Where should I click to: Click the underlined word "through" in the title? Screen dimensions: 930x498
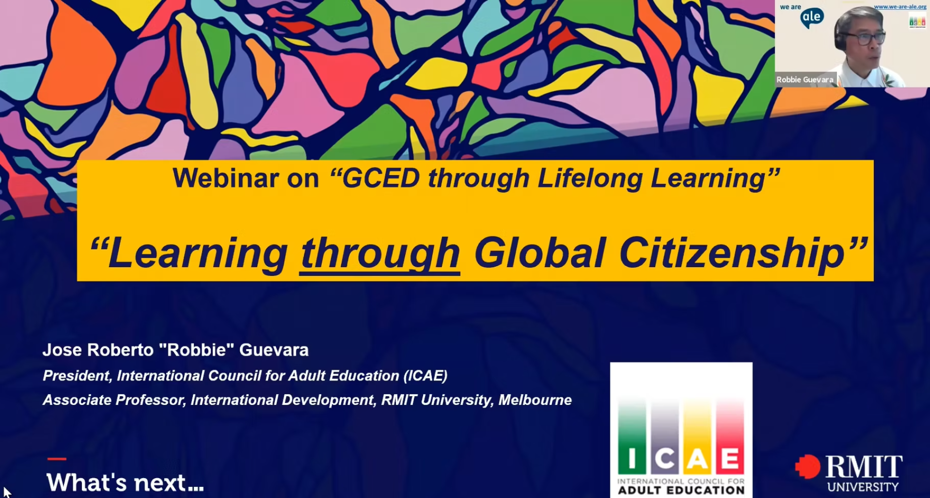tap(380, 253)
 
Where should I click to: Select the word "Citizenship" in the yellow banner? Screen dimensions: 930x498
tap(732, 252)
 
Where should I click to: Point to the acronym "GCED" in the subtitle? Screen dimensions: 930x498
tap(381, 178)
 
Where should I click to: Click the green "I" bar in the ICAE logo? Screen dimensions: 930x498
tap(632, 436)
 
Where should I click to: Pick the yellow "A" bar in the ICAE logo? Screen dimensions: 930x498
tap(697, 436)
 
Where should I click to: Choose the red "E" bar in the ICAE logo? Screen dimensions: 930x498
tap(730, 436)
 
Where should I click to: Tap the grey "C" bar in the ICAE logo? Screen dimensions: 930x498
tap(665, 436)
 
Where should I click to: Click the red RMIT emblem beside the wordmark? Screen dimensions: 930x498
tap(808, 466)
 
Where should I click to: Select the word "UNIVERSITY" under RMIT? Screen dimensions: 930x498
tap(863, 486)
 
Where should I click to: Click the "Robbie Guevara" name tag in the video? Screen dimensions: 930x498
tap(805, 80)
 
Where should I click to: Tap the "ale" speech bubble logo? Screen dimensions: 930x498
tap(812, 18)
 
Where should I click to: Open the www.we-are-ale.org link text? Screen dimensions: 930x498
tap(900, 7)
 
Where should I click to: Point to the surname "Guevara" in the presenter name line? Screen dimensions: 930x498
tap(274, 350)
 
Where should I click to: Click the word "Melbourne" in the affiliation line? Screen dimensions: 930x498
tap(535, 400)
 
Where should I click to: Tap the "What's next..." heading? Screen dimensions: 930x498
tap(125, 482)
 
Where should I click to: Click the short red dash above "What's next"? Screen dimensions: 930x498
tap(57, 459)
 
